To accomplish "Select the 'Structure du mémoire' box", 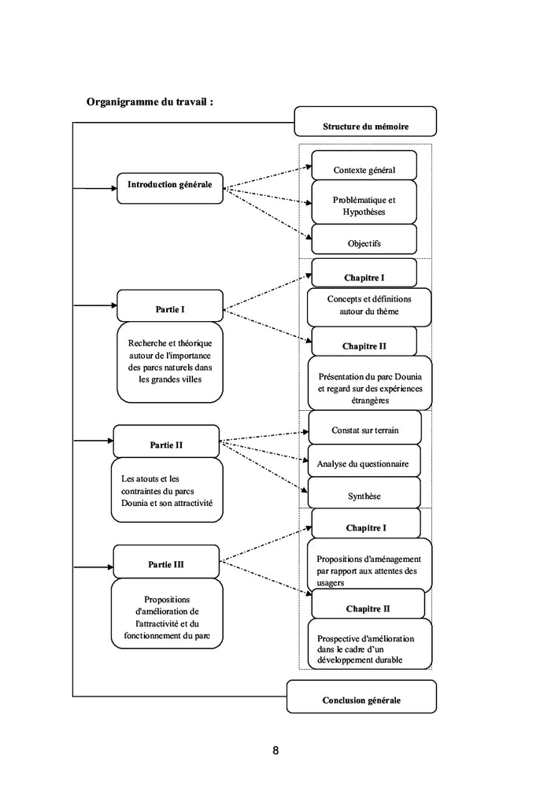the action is point(365,122).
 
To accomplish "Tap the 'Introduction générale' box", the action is point(170,188).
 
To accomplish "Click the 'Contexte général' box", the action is point(364,165).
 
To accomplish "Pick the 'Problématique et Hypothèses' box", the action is point(364,202).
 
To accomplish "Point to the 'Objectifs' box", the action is point(364,239).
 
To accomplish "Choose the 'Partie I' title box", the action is point(170,306).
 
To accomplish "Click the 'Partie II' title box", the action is point(166,441).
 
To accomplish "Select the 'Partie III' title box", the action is point(166,561).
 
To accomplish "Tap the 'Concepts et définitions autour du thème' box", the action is point(369,307).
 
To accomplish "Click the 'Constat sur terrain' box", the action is point(364,427).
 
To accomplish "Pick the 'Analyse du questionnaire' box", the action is point(364,460).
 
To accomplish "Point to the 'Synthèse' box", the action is point(364,493).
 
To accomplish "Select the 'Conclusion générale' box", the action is point(361,696).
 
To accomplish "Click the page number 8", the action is point(275,751).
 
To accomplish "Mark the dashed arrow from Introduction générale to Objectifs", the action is point(268,213).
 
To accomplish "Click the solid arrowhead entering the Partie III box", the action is point(110,567).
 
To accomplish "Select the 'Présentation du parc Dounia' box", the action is point(370,382).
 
